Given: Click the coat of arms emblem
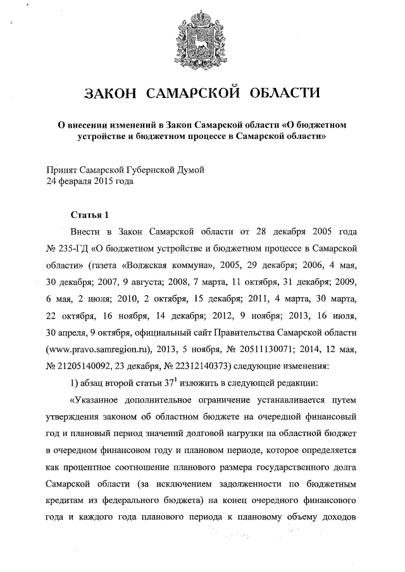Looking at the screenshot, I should (x=203, y=39).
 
